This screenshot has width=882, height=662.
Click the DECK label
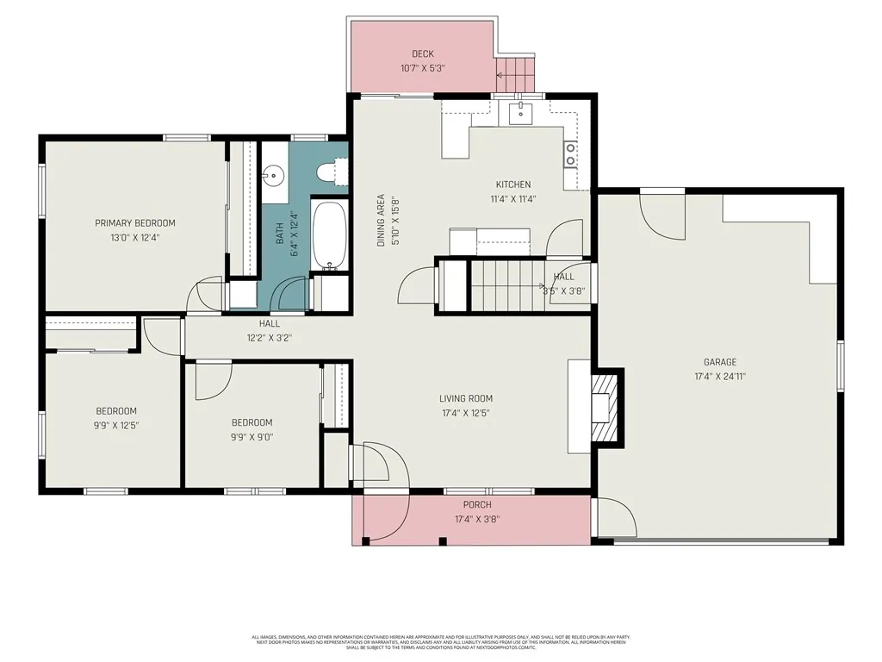[x=422, y=54]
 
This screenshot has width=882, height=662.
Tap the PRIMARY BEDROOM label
[x=135, y=223]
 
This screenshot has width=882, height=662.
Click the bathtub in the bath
[x=328, y=234]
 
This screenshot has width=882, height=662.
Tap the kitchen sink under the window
[x=521, y=111]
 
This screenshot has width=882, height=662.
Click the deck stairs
[x=515, y=74]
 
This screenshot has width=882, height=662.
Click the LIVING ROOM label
[x=465, y=398]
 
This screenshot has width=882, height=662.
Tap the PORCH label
[x=477, y=505]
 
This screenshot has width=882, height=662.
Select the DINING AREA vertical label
[x=381, y=221]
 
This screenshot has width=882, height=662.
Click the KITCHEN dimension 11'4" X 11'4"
[x=512, y=198]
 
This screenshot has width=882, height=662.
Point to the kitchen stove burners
[x=570, y=153]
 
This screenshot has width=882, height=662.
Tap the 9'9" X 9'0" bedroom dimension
[x=252, y=436]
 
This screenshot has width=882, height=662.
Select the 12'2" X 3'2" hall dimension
[x=270, y=338]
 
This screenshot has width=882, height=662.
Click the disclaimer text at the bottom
[x=440, y=641]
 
